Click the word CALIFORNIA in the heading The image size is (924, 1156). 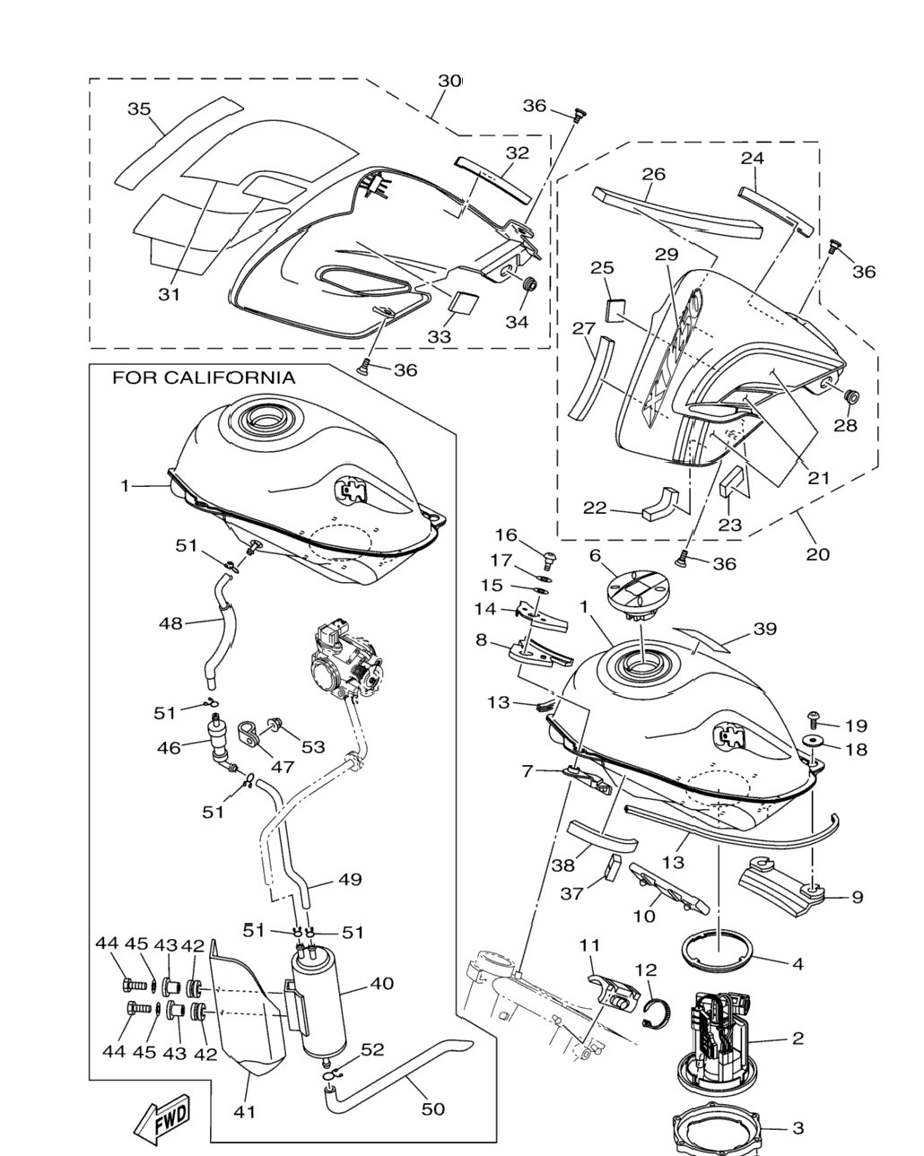(x=230, y=378)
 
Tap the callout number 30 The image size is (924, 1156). (x=450, y=81)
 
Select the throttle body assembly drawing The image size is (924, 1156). (x=346, y=661)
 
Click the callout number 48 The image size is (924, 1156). (x=171, y=623)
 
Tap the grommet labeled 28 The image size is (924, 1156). (x=851, y=397)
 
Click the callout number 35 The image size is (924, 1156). (x=139, y=109)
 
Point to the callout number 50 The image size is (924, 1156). (x=433, y=1108)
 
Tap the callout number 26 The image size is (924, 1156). (x=654, y=174)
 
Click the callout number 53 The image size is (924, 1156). (x=313, y=747)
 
